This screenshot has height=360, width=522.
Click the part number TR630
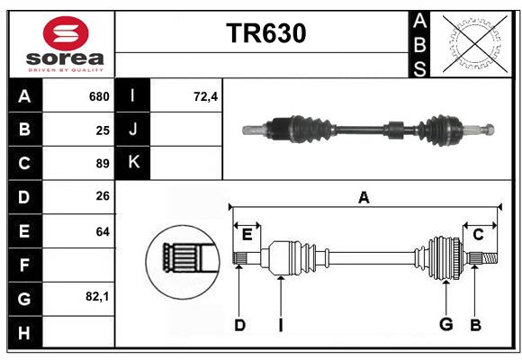point(265,33)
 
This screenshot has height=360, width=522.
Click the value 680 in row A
point(99,96)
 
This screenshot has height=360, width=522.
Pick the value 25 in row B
point(103,130)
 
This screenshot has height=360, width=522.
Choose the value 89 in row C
point(103,164)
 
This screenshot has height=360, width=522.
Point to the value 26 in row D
point(103,197)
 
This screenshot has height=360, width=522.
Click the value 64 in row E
point(103,231)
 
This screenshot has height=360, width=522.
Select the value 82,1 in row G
point(97,296)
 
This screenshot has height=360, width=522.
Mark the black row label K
point(133,163)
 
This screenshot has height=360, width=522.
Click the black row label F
point(23,265)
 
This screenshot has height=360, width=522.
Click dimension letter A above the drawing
point(364,198)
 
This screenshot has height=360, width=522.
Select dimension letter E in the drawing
point(247,235)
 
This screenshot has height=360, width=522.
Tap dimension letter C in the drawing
point(479,235)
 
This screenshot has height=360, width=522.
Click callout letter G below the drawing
point(445,325)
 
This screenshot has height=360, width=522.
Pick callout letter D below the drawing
point(239,325)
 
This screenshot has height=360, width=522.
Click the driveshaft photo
point(369,129)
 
